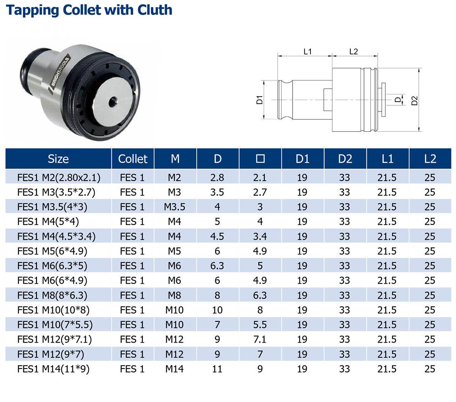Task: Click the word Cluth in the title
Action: pyautogui.click(x=155, y=10)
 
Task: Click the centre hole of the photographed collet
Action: pyautogui.click(x=113, y=102)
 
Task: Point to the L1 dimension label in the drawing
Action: pyautogui.click(x=307, y=52)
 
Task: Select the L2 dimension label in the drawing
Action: pyautogui.click(x=353, y=52)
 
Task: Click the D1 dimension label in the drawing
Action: pyautogui.click(x=260, y=100)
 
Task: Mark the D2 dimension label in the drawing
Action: pyautogui.click(x=414, y=100)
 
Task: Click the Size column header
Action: pyautogui.click(x=58, y=159)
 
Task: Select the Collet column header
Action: pyautogui.click(x=133, y=159)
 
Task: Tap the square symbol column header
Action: pyautogui.click(x=260, y=159)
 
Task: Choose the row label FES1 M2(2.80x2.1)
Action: pyautogui.click(x=59, y=178)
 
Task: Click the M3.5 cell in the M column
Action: pyautogui.click(x=174, y=207)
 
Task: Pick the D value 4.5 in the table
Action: pyautogui.click(x=217, y=237)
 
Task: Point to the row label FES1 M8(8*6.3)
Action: pyautogui.click(x=52, y=296)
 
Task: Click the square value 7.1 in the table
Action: pyautogui.click(x=260, y=339)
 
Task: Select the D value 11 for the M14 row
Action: pyautogui.click(x=217, y=369)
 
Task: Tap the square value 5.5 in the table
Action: pyautogui.click(x=260, y=325)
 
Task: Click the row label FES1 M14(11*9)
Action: pyautogui.click(x=53, y=369)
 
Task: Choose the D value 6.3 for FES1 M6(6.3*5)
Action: pyautogui.click(x=217, y=266)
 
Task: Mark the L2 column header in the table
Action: pyautogui.click(x=430, y=159)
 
